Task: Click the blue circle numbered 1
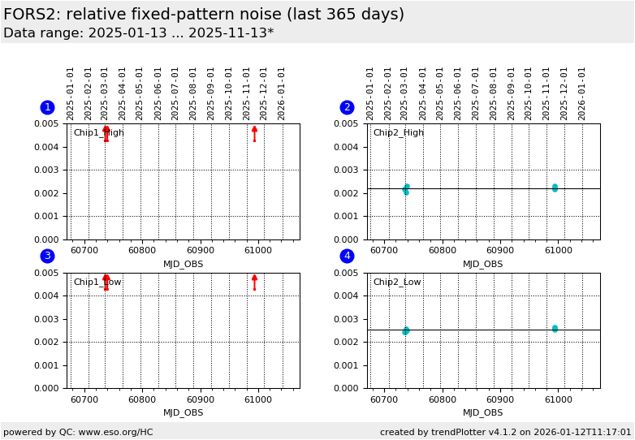pyautogui.click(x=47, y=107)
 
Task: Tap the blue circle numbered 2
pyautogui.click(x=347, y=107)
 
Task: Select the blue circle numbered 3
pyautogui.click(x=47, y=257)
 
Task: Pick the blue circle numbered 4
pyautogui.click(x=347, y=257)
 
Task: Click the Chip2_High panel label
pyautogui.click(x=398, y=133)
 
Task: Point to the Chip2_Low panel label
pyautogui.click(x=397, y=283)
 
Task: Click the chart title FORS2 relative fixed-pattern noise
pyautogui.click(x=204, y=15)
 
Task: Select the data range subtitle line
pyautogui.click(x=139, y=33)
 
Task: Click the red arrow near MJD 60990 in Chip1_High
pyautogui.click(x=254, y=132)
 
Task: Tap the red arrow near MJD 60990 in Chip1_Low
pyautogui.click(x=254, y=282)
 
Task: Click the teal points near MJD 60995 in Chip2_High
pyautogui.click(x=555, y=188)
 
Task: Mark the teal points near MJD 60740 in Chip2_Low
pyautogui.click(x=406, y=330)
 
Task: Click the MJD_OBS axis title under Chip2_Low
pyautogui.click(x=483, y=412)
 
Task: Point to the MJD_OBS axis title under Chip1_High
pyautogui.click(x=184, y=264)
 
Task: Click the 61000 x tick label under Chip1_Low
pyautogui.click(x=258, y=399)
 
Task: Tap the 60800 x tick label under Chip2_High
pyautogui.click(x=442, y=250)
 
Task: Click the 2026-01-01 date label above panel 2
pyautogui.click(x=582, y=93)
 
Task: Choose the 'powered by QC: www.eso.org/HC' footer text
pyautogui.click(x=78, y=432)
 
